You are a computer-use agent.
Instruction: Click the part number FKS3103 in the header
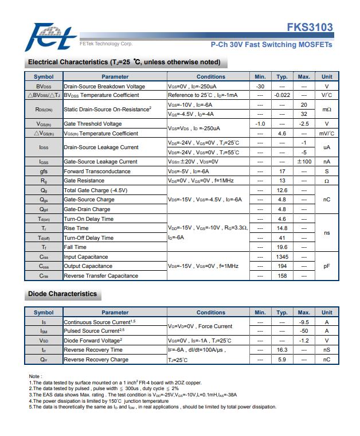[x=310, y=28]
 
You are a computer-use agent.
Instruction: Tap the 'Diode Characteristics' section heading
[x=62, y=294]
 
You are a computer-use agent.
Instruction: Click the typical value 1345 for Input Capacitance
[x=281, y=257]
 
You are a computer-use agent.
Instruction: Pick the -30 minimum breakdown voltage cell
[x=260, y=86]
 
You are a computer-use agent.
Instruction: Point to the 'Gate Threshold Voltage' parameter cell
[x=93, y=124]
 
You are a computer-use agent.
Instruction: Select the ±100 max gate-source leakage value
[x=304, y=162]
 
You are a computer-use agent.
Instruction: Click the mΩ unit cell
[x=327, y=110]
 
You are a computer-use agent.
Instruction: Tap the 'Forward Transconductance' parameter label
[x=97, y=171]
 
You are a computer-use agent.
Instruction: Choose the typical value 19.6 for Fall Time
[x=281, y=247]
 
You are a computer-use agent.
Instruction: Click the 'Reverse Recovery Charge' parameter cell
[x=96, y=360]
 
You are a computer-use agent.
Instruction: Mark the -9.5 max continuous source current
[x=304, y=322]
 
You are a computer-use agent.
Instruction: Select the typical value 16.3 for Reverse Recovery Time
[x=281, y=350]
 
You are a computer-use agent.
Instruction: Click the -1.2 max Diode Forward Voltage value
[x=304, y=340]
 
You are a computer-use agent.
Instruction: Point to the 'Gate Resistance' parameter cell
[x=84, y=181]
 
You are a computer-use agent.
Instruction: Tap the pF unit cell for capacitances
[x=327, y=266]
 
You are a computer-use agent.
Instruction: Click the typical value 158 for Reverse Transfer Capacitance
[x=281, y=276]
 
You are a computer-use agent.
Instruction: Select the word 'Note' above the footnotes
[x=34, y=376]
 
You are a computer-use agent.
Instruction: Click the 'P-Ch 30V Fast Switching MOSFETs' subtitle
[x=272, y=44]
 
